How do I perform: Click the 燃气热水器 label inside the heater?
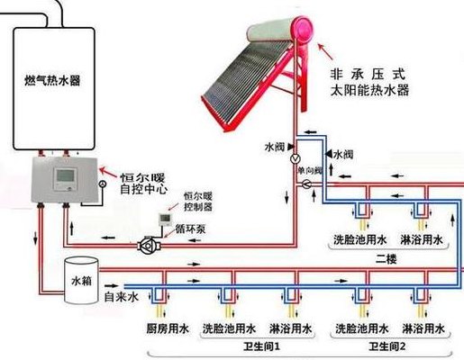pyautogui.click(x=52, y=80)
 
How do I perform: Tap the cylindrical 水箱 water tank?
pyautogui.click(x=81, y=280)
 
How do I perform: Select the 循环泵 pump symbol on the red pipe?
pyautogui.click(x=149, y=246)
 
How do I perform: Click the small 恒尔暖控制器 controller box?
pyautogui.click(x=166, y=220)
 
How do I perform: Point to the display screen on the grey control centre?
pyautogui.click(x=66, y=176)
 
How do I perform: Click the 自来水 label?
pyautogui.click(x=122, y=297)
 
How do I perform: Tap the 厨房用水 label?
pyautogui.click(x=168, y=328)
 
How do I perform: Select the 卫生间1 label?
pyautogui.click(x=261, y=346)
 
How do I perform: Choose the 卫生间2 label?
pyautogui.click(x=387, y=346)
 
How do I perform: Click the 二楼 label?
pyautogui.click(x=387, y=259)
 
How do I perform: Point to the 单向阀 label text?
pyautogui.click(x=310, y=171)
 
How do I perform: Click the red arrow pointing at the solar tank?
pyautogui.click(x=325, y=51)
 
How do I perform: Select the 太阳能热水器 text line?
pyautogui.click(x=369, y=90)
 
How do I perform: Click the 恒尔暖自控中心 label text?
pyautogui.click(x=143, y=184)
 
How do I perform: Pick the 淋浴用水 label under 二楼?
pyautogui.click(x=422, y=239)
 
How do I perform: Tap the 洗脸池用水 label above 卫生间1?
pyautogui.click(x=229, y=328)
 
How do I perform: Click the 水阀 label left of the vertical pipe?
pyautogui.click(x=275, y=147)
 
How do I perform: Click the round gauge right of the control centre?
pyautogui.click(x=103, y=184)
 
